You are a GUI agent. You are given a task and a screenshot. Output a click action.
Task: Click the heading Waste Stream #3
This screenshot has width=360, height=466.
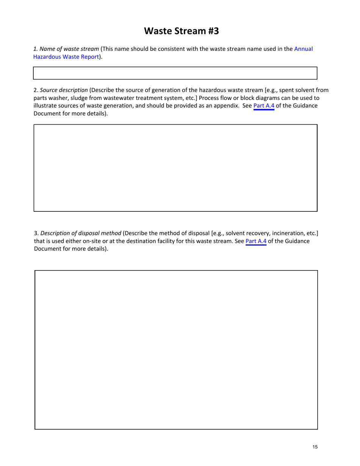click(x=182, y=31)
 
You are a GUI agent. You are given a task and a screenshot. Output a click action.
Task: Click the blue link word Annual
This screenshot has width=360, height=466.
click(x=303, y=49)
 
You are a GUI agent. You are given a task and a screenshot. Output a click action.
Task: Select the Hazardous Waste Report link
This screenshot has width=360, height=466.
click(x=66, y=57)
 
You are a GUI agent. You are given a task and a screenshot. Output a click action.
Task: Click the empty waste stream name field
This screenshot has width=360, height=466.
click(x=175, y=73)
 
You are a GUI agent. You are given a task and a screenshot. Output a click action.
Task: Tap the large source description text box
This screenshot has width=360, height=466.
click(x=175, y=167)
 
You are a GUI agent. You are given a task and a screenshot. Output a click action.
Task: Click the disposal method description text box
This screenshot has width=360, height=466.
click(x=176, y=349)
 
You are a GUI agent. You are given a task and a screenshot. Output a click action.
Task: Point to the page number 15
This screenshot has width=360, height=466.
click(x=315, y=447)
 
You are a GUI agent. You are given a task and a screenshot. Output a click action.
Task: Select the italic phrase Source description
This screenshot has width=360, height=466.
click(x=64, y=90)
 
